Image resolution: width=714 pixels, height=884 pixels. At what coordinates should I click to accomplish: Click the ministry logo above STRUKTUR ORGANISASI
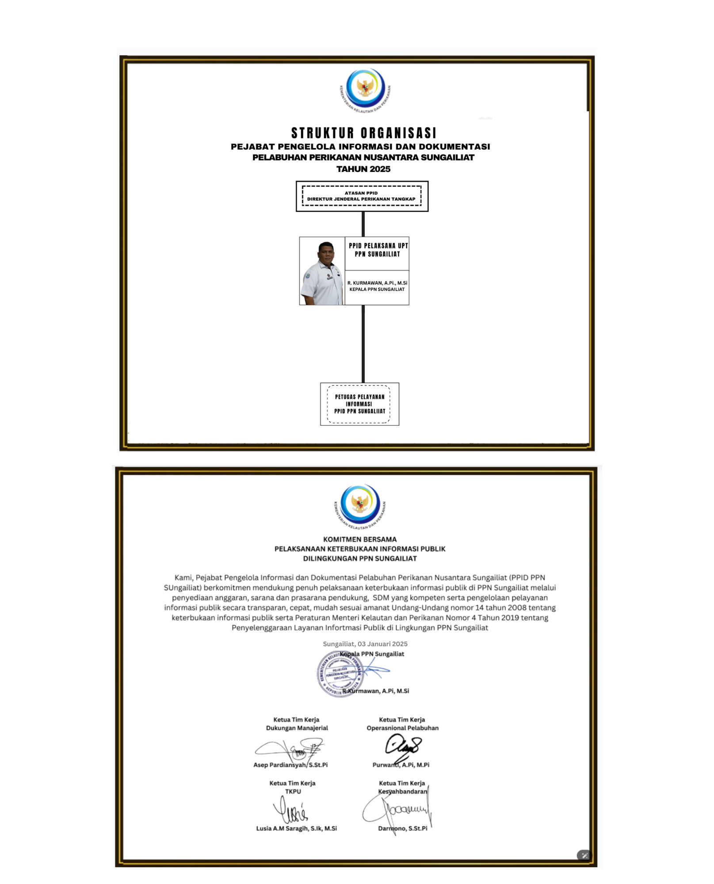[365, 88]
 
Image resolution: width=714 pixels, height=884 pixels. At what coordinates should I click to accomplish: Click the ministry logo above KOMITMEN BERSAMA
[360, 504]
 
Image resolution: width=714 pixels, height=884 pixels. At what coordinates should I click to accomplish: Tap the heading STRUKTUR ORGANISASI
[363, 133]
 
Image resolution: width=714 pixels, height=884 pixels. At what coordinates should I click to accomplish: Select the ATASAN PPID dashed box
[362, 196]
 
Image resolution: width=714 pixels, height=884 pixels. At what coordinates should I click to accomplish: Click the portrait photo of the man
[322, 271]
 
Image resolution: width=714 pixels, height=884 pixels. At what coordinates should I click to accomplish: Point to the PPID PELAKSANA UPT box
[378, 250]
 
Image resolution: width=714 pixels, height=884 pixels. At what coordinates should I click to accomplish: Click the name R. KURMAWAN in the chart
[377, 283]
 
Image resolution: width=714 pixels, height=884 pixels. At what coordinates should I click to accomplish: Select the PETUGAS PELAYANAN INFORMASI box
[359, 404]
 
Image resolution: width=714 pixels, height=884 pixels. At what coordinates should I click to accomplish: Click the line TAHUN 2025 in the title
[363, 169]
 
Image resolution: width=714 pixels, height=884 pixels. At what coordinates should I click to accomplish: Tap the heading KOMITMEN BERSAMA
[360, 539]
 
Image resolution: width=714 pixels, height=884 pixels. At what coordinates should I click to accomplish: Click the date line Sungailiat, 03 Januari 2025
[365, 644]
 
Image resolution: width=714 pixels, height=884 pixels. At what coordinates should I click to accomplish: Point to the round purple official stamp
[340, 674]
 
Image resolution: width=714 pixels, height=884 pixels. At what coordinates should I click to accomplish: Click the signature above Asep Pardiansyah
[292, 749]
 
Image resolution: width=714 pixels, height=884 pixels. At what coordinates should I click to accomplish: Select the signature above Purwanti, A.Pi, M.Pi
[402, 746]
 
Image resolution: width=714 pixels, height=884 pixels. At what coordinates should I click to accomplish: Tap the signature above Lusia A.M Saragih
[290, 810]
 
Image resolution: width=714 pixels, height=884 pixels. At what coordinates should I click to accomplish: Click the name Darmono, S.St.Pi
[403, 828]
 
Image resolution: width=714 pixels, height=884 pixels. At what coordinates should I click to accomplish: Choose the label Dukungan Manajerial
[297, 728]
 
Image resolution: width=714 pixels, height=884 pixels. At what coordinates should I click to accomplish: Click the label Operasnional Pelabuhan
[402, 728]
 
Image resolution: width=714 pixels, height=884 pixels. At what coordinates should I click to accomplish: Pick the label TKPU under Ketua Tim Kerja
[293, 791]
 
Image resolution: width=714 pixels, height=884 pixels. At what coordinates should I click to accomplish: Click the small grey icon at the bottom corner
[584, 855]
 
